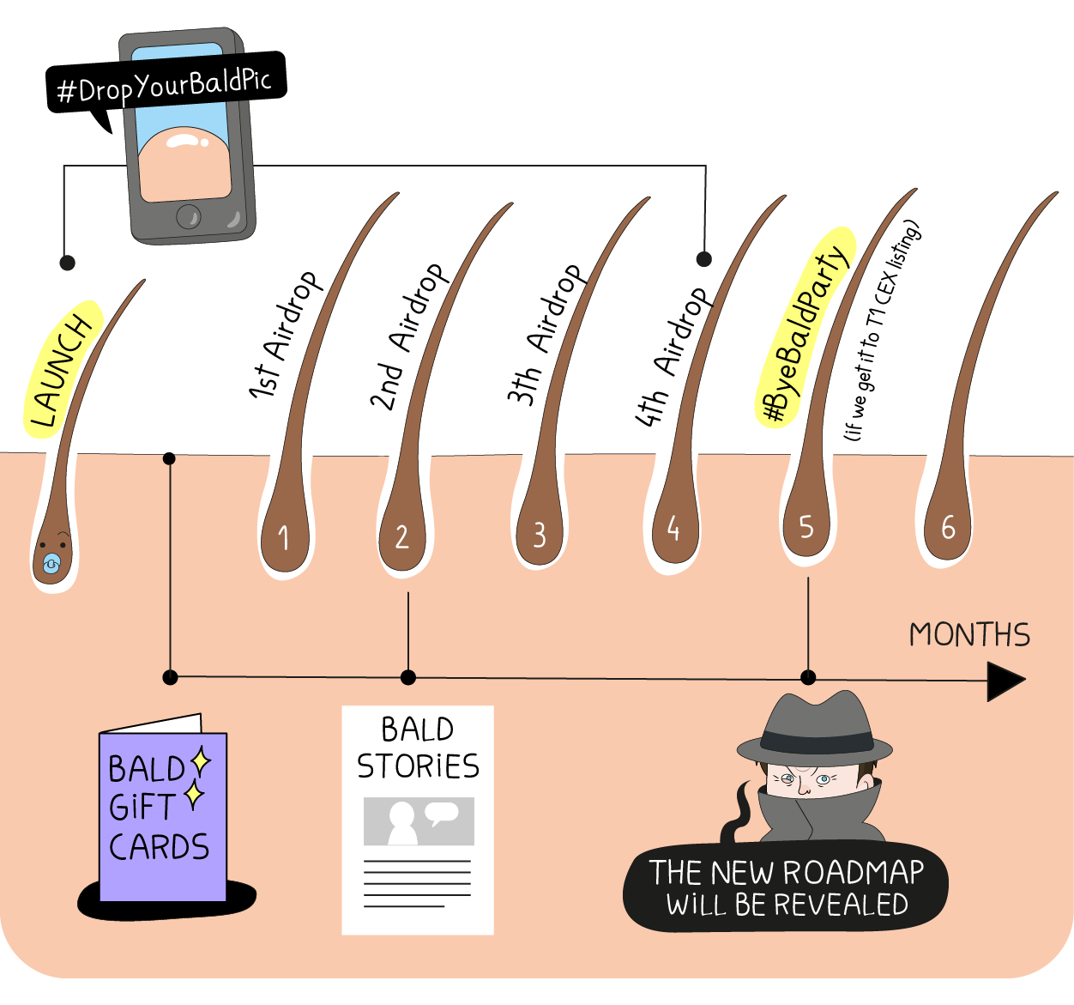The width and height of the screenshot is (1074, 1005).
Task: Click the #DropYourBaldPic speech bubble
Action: (x=166, y=84)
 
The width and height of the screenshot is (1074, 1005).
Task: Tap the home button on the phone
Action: (x=189, y=216)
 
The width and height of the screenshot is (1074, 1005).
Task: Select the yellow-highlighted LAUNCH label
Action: (x=63, y=369)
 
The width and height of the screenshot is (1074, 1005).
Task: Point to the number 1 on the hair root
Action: (x=283, y=538)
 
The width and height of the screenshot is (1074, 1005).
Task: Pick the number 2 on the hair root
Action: (x=401, y=537)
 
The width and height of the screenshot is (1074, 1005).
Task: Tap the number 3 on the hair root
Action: (x=540, y=536)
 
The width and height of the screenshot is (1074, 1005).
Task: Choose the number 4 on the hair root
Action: (x=673, y=528)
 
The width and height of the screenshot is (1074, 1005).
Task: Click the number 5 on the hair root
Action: (x=806, y=527)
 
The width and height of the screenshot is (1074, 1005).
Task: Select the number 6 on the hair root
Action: (x=949, y=527)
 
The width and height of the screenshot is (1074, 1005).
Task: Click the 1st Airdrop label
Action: (x=285, y=336)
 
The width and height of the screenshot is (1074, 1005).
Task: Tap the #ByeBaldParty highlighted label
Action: (x=805, y=327)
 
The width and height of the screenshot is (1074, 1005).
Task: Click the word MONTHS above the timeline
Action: (x=969, y=635)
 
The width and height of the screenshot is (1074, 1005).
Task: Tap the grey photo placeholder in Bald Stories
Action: (x=419, y=821)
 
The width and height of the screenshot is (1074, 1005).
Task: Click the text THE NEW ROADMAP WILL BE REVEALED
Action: (x=787, y=888)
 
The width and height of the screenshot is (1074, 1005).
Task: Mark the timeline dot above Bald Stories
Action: (x=408, y=677)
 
